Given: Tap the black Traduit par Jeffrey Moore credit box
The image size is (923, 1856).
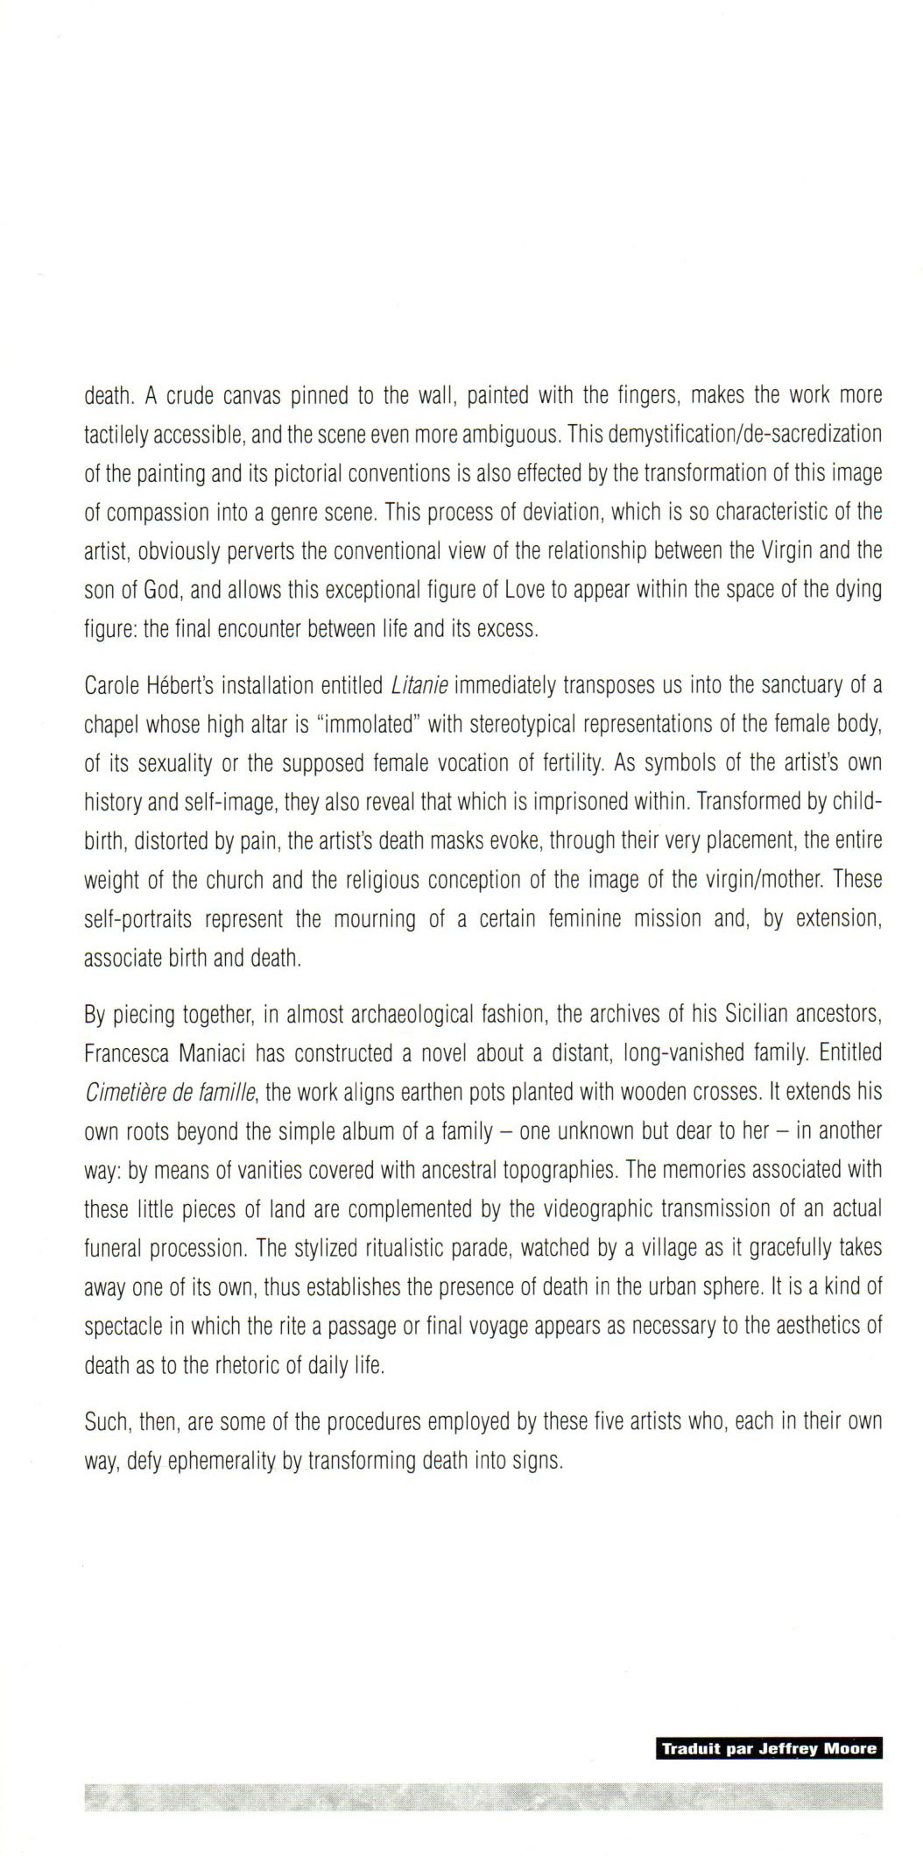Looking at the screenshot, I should click(x=769, y=1749).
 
